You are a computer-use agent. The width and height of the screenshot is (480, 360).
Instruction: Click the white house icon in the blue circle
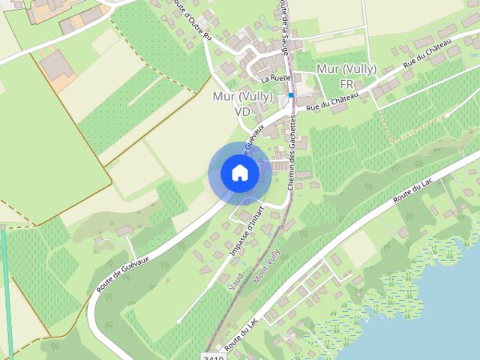(240, 173)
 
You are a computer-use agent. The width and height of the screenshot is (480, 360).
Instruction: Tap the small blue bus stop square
(291, 95)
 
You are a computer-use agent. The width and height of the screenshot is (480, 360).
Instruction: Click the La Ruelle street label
(276, 78)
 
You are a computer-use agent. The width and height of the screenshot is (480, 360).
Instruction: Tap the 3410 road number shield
(214, 356)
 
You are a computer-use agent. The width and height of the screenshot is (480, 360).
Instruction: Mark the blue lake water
(450, 315)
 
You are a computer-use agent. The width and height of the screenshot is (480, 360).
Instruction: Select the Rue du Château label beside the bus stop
(322, 107)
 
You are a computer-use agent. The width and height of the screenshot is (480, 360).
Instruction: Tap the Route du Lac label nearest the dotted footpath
(413, 190)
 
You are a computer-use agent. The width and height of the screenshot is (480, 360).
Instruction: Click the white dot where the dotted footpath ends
(448, 115)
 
